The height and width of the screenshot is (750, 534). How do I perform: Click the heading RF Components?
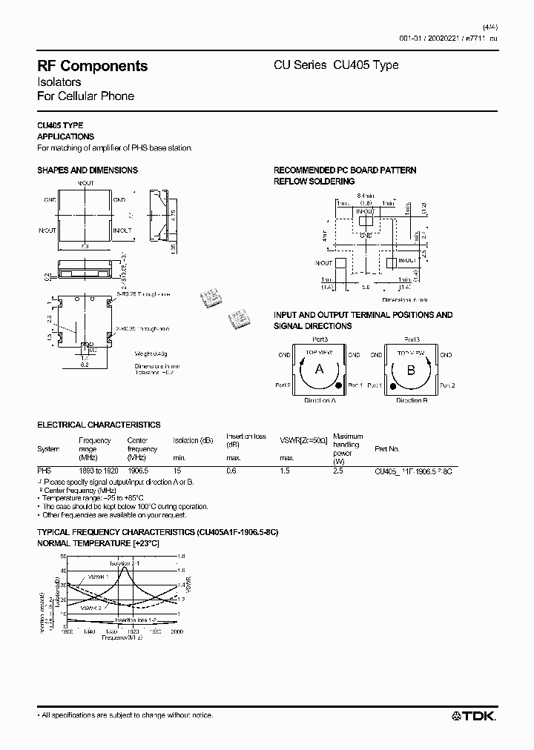tap(92, 66)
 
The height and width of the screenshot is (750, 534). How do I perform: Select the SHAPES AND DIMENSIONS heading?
tap(88, 170)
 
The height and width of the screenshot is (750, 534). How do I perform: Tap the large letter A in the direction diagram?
tap(320, 369)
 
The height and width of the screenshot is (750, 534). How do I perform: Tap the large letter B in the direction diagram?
tap(411, 369)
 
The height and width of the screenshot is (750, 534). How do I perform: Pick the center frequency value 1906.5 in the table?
tap(137, 470)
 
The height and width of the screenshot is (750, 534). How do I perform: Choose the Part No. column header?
tap(387, 449)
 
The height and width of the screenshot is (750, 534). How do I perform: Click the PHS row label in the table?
tap(44, 470)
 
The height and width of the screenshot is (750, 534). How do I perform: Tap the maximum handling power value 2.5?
tap(338, 470)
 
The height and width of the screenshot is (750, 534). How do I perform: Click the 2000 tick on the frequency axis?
tap(177, 632)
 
